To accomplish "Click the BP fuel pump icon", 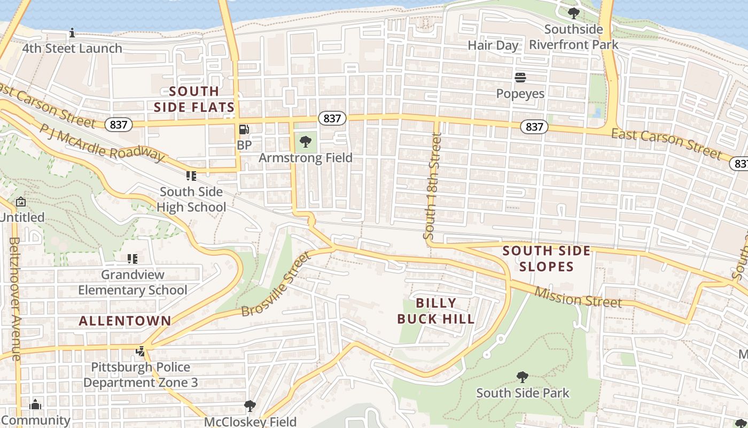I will [244, 129].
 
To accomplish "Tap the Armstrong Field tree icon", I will [306, 142].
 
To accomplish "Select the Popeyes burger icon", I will [520, 78].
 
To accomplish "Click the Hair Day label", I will [493, 45].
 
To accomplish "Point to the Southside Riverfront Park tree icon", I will [574, 13].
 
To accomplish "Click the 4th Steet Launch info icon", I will [72, 33].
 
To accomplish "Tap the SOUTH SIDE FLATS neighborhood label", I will [194, 99].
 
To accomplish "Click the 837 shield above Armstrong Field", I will [332, 118].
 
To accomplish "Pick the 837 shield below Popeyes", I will [534, 126].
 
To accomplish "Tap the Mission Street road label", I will [578, 297].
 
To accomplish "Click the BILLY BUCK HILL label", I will [436, 311].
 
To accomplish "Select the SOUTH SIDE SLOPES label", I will [546, 258].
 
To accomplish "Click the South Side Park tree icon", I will [523, 377].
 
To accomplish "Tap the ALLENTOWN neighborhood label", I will [125, 321].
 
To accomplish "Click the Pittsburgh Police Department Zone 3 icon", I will [141, 351].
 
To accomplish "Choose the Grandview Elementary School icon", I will [133, 259].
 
